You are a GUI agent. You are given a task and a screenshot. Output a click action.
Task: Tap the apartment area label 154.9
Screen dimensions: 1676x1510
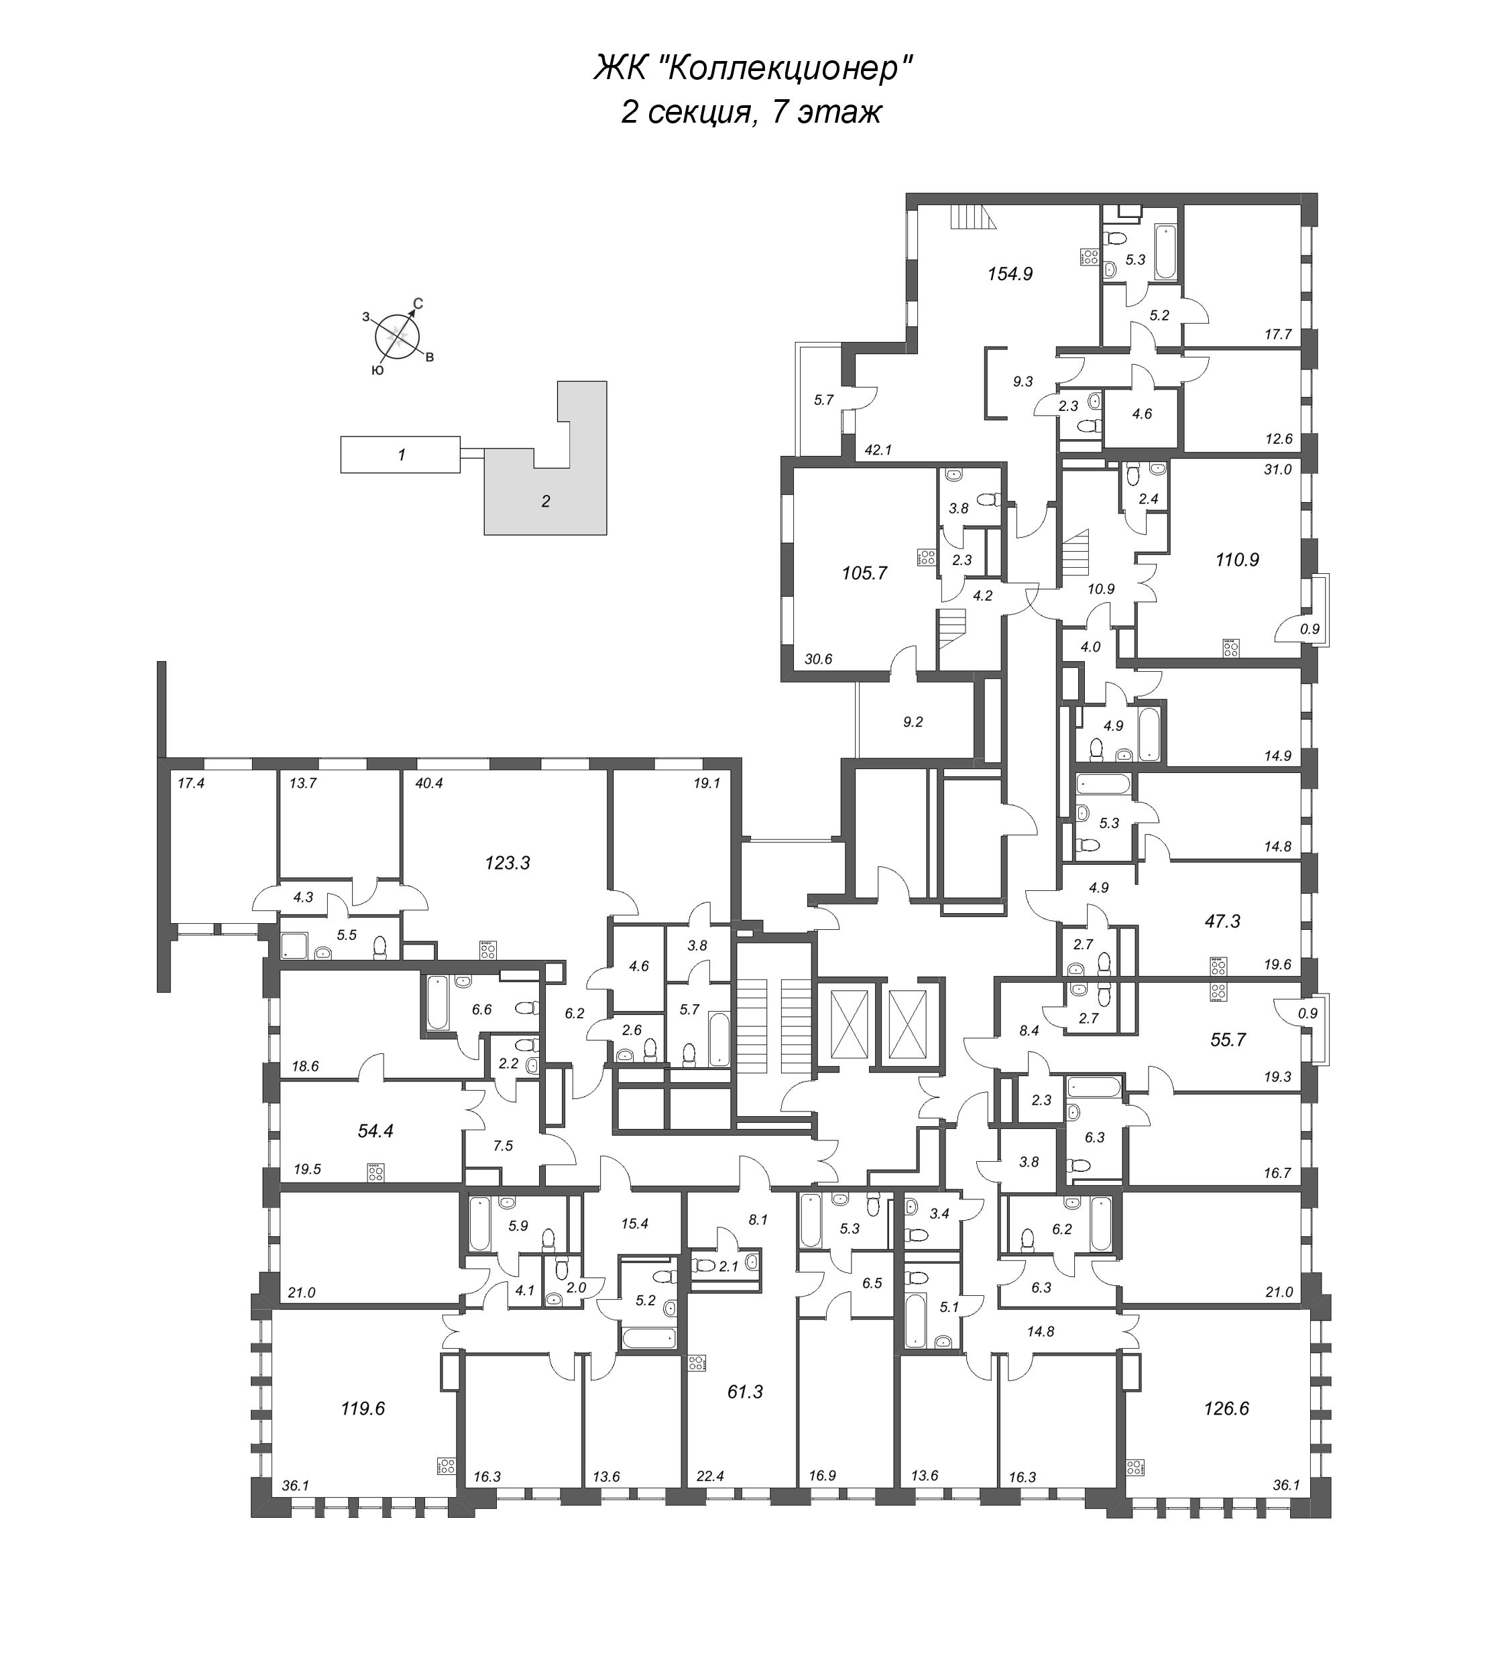coord(1010,273)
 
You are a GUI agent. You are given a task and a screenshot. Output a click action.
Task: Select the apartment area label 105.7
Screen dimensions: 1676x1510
coord(864,573)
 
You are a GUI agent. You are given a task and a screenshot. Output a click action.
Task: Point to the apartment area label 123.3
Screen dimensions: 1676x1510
coord(507,863)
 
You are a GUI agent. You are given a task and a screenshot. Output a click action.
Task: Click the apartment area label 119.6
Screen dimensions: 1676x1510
coord(363,1409)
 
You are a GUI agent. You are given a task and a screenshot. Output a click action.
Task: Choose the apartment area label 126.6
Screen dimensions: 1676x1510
coord(1226,1409)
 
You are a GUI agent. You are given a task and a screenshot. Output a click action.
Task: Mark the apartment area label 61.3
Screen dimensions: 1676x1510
coord(744,1392)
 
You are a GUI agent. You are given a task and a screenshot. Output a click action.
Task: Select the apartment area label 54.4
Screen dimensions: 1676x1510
coord(375,1130)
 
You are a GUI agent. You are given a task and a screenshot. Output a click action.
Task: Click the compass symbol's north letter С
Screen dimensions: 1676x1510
coord(418,304)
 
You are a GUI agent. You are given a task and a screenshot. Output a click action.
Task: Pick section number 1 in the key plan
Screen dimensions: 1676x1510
coord(401,455)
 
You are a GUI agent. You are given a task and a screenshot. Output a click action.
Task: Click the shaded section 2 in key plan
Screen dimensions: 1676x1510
coord(545,501)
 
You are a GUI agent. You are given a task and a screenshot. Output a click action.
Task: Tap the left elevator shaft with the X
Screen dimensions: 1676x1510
coord(843,1023)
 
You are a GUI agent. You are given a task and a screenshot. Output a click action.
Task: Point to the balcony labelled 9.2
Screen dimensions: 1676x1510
coord(913,722)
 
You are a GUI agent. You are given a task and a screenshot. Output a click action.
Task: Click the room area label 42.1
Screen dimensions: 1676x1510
coord(877,450)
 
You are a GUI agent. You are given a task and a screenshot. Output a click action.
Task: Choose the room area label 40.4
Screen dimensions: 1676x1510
coord(429,782)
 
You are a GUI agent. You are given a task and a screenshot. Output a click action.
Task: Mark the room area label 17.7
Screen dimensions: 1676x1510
coord(1279,335)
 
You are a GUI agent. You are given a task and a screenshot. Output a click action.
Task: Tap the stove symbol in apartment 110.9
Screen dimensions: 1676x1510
coord(1232,648)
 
